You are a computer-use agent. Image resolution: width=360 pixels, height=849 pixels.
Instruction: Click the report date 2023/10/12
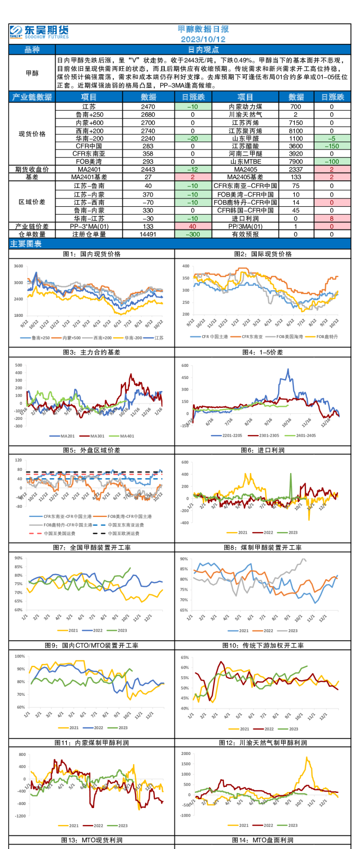pos(203,39)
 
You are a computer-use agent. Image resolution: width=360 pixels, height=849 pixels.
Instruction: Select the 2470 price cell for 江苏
pos(148,107)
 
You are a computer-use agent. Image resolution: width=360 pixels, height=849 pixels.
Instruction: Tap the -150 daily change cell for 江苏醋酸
pos(332,146)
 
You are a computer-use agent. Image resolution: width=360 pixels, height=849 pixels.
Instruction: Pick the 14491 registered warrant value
pos(148,234)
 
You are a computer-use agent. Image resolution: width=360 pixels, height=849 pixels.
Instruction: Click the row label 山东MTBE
pos(245,162)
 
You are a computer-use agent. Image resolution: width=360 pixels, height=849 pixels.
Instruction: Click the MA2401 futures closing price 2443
pos(148,169)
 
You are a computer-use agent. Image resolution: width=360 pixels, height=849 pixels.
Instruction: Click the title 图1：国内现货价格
pos(92,254)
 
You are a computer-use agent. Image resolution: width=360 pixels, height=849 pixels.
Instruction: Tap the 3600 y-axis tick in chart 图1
pos(18,266)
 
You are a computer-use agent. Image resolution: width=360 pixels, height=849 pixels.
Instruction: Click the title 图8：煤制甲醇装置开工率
pos(262,547)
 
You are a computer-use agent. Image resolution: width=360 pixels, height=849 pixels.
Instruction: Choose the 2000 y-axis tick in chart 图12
pos(186,753)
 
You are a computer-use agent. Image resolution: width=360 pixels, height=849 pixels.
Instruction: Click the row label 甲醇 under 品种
pos(32,73)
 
